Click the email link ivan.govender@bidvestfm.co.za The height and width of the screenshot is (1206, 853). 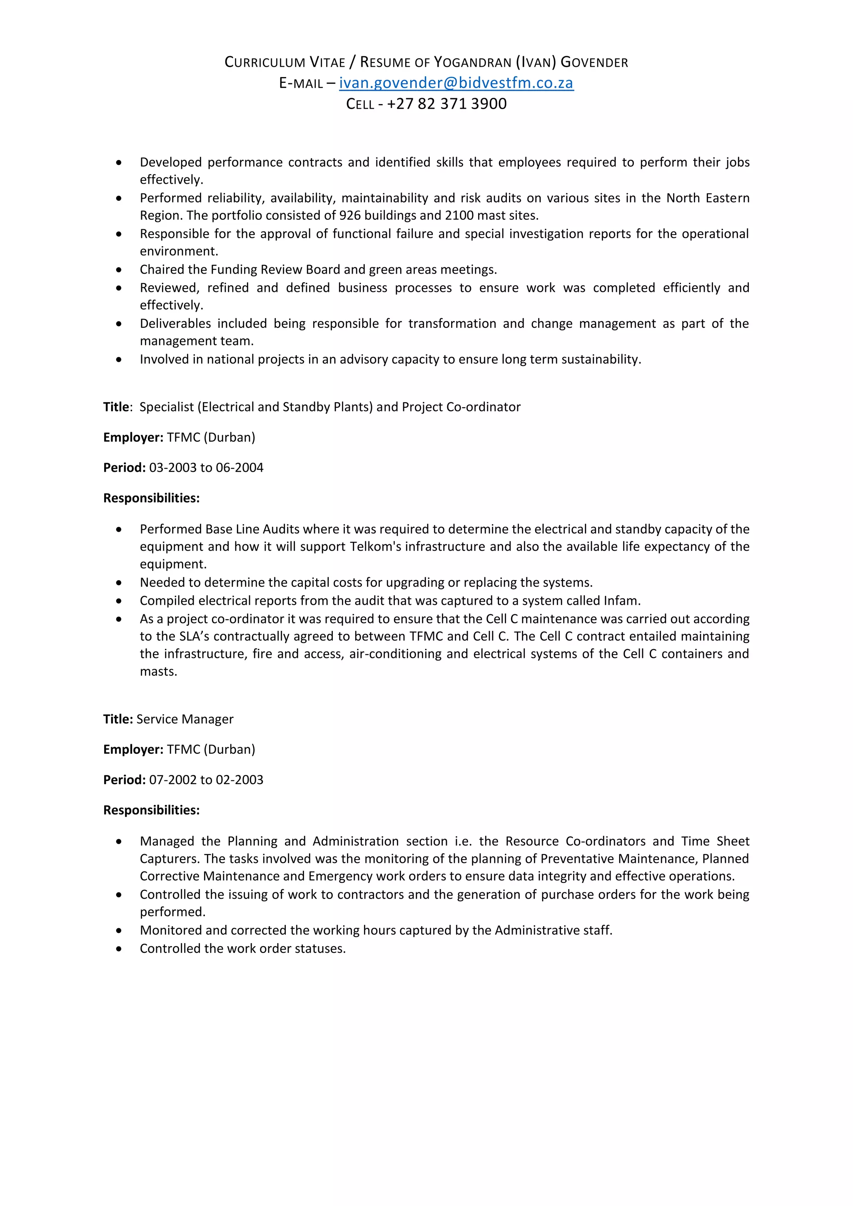click(456, 83)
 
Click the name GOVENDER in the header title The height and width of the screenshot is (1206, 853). click(594, 62)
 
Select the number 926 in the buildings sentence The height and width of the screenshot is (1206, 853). click(350, 215)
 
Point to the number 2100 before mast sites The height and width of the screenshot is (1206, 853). click(459, 215)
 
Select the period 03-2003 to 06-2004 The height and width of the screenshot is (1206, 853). click(206, 468)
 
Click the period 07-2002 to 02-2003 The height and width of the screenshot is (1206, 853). click(206, 780)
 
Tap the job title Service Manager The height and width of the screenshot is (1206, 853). click(185, 719)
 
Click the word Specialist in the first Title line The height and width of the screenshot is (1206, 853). click(167, 407)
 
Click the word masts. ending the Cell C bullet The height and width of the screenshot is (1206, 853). click(158, 671)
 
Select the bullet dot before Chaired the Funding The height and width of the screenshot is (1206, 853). click(119, 270)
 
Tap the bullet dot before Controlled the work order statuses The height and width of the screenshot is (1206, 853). click(119, 949)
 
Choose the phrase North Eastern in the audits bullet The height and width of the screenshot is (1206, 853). click(708, 198)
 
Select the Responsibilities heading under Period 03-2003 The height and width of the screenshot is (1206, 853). click(151, 498)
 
